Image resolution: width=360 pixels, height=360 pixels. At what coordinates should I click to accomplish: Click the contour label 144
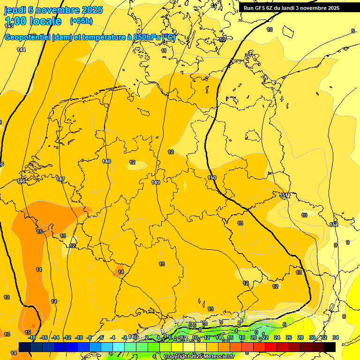click(21, 50)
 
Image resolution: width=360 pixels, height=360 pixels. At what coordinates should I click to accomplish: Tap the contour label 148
click(107, 161)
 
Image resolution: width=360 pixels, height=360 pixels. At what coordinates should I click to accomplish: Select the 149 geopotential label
click(156, 182)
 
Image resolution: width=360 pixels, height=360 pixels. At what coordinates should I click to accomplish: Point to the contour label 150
click(212, 178)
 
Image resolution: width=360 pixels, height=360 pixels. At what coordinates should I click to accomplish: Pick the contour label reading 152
click(334, 225)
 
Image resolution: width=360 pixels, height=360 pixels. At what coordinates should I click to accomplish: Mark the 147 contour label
click(60, 180)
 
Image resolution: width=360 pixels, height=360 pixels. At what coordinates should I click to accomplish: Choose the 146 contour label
click(22, 181)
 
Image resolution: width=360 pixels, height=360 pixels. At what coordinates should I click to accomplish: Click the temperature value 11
click(164, 51)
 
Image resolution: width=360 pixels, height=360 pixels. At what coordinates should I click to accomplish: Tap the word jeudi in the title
click(15, 10)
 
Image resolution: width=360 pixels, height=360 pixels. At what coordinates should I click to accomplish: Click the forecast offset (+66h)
click(81, 21)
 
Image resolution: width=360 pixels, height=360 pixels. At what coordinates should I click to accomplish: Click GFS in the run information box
click(261, 8)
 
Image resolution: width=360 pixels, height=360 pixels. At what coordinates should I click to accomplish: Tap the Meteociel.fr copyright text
click(199, 357)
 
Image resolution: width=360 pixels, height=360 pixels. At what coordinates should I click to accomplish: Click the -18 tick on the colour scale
click(32, 338)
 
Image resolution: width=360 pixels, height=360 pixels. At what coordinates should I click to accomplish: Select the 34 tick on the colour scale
click(336, 338)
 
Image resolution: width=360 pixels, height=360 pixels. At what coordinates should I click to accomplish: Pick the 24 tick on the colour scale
click(277, 338)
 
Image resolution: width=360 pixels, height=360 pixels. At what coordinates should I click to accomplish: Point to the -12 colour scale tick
click(67, 338)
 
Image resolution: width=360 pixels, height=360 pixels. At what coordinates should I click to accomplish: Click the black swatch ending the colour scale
click(329, 347)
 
